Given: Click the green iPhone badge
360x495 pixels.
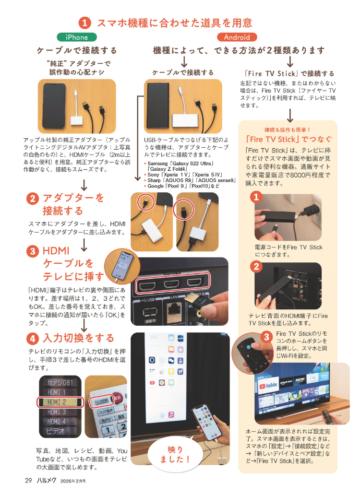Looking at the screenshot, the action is pyautogui.click(x=77, y=37).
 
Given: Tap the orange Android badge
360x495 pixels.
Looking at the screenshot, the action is pyautogui.click(x=237, y=37).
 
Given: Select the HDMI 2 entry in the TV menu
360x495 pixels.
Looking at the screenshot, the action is pyautogui.click(x=60, y=402).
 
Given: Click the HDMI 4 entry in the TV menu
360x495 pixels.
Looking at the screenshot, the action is pyautogui.click(x=57, y=422).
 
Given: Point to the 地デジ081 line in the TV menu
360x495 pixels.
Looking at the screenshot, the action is pyautogui.click(x=60, y=383).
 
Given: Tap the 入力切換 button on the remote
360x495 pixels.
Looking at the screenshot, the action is pyautogui.click(x=102, y=401).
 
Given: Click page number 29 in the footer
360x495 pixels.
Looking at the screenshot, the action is pyautogui.click(x=28, y=481).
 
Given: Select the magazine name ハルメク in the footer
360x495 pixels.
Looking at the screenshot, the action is pyautogui.click(x=47, y=481).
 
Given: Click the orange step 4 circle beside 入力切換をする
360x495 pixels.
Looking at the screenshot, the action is pyautogui.click(x=33, y=339).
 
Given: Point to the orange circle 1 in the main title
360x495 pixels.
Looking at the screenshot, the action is pyautogui.click(x=84, y=23).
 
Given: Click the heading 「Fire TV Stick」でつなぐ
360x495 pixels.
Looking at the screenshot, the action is pyautogui.click(x=289, y=139).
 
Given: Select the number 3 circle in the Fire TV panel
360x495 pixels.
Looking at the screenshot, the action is pyautogui.click(x=266, y=337).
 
